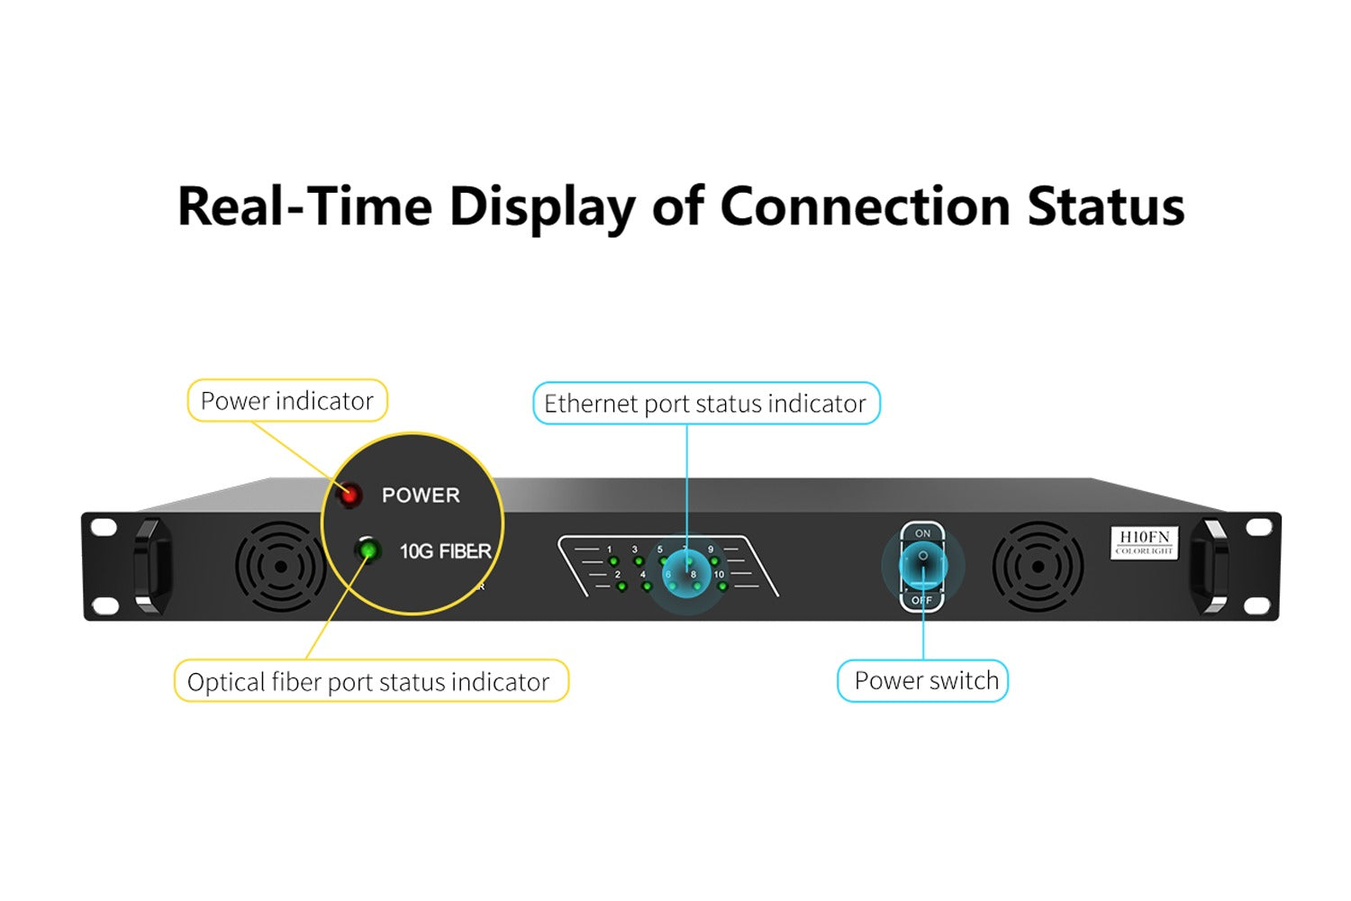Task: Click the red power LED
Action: pos(349,495)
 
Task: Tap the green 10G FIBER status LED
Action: pos(367,550)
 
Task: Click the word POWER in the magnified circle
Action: pos(421,496)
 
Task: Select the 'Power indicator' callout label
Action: pos(286,401)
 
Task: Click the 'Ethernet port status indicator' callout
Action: pos(705,404)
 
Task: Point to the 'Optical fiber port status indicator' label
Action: pos(369,682)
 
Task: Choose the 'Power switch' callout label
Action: pos(925,681)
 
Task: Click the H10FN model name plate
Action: pos(1144,542)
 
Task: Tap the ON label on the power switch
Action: pos(923,534)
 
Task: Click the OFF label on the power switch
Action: pos(921,600)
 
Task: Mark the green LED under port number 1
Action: pos(613,561)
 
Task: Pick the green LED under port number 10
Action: pos(722,587)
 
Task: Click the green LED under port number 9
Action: pos(714,561)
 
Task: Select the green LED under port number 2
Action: pos(621,587)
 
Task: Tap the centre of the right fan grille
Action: pos(1038,567)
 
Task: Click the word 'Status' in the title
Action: pos(1105,206)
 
